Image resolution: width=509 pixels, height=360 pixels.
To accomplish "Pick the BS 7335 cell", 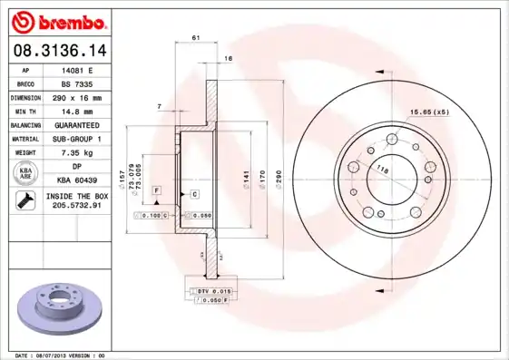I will [77, 83].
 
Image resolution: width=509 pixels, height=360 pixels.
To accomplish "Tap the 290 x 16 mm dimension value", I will [77, 96].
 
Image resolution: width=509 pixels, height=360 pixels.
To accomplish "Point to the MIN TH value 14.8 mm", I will [77, 111].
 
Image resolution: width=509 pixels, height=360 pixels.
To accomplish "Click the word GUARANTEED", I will [77, 124].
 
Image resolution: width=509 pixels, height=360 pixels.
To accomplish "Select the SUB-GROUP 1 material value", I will [77, 139].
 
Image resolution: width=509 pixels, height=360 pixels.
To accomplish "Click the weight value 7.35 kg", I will [77, 153].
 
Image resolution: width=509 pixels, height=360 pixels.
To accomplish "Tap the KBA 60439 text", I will [77, 180].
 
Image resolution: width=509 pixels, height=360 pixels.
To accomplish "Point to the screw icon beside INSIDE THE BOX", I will [25, 201].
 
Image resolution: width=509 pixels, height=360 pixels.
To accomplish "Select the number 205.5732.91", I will [77, 206].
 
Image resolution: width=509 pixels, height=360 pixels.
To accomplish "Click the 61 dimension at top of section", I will [196, 37].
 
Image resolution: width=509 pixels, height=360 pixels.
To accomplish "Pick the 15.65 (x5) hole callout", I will [428, 112].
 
